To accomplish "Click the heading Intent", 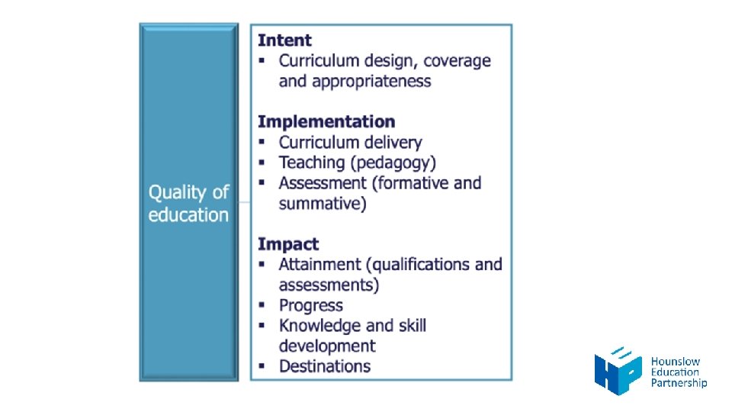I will point(284,40).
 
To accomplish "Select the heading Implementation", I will point(326,122).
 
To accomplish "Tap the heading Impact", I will point(287,244).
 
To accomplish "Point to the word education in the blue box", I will point(188,215).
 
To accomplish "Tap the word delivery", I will point(389,143).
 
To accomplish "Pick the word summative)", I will point(323,204).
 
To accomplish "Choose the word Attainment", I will point(319,265).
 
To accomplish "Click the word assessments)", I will point(329,285).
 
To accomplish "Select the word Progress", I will point(310,305).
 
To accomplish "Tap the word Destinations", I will point(325,366).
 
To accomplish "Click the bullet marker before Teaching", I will point(262,163).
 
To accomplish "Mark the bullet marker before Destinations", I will point(262,366).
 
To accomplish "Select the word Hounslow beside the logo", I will point(675,362).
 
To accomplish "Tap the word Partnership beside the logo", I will point(679,383).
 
